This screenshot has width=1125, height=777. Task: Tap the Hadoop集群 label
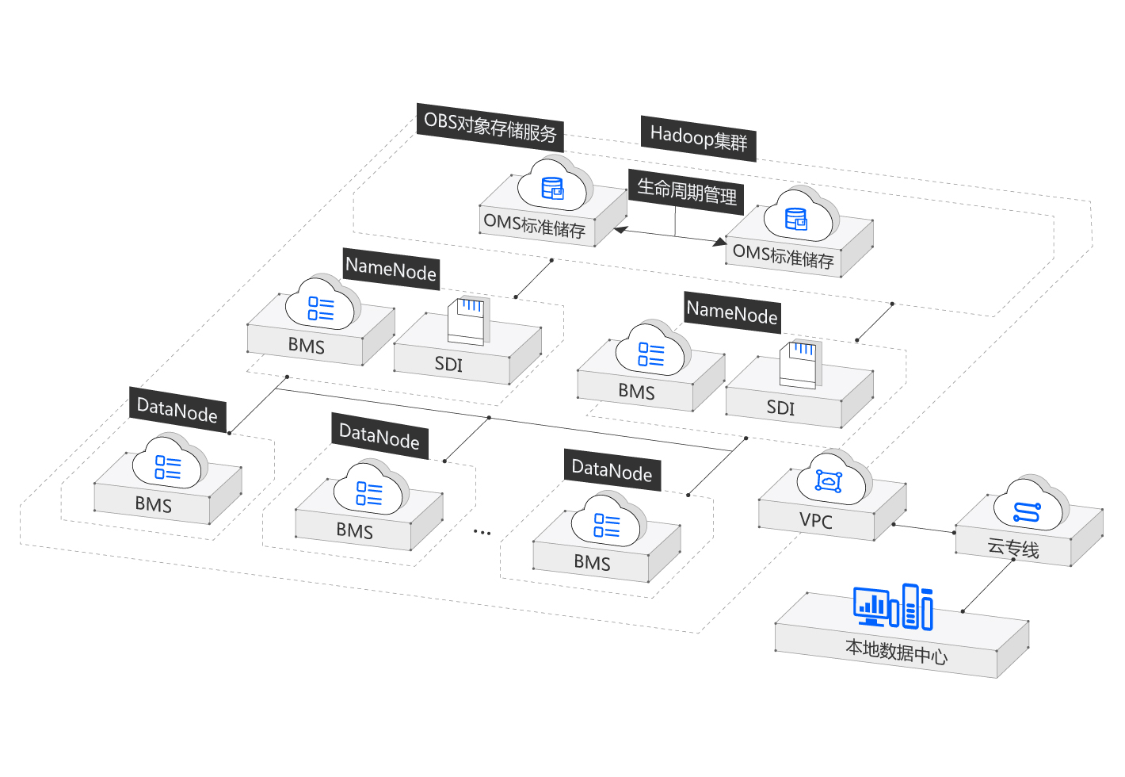pos(698,138)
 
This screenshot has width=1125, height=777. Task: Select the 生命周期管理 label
pos(687,191)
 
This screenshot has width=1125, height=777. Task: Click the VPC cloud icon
pos(829,479)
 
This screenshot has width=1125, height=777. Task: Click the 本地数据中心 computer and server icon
pos(894,607)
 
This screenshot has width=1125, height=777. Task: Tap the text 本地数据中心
pos(896,652)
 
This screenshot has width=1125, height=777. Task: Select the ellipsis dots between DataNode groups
pos(482,533)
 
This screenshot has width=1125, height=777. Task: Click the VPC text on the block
pos(816,521)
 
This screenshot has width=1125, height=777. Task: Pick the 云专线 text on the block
pos(1013,548)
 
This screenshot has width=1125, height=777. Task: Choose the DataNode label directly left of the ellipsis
pos(379,436)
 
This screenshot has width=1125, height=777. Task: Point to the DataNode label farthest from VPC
pos(177,410)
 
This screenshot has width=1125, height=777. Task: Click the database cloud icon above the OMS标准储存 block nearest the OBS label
pos(553,187)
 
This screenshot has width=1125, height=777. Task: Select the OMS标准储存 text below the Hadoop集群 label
pos(783,256)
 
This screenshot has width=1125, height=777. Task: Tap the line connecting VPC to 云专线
pos(924,528)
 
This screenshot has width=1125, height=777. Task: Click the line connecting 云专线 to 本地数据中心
pos(989,586)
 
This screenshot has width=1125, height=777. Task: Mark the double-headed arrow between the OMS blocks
pos(670,235)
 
